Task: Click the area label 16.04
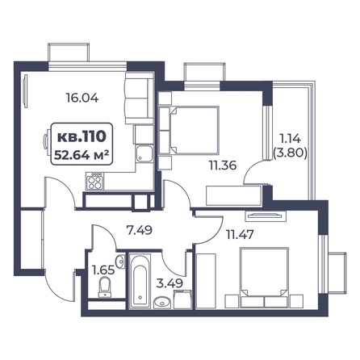(x=82, y=98)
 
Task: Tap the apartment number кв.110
(x=82, y=136)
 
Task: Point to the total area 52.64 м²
(x=82, y=155)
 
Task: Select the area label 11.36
(x=223, y=165)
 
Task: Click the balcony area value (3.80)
(x=291, y=153)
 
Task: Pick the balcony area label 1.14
(x=291, y=139)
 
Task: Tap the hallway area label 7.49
(x=140, y=230)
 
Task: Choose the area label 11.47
(x=240, y=235)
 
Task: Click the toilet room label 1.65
(x=103, y=270)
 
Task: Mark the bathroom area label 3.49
(x=170, y=283)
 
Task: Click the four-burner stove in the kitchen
(x=94, y=181)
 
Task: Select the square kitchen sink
(x=144, y=153)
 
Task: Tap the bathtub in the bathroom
(x=140, y=281)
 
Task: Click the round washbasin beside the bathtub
(x=162, y=303)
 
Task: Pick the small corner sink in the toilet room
(x=121, y=261)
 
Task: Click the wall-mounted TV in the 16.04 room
(x=26, y=91)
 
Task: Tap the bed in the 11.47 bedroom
(x=264, y=277)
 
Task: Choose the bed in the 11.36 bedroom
(x=189, y=130)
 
